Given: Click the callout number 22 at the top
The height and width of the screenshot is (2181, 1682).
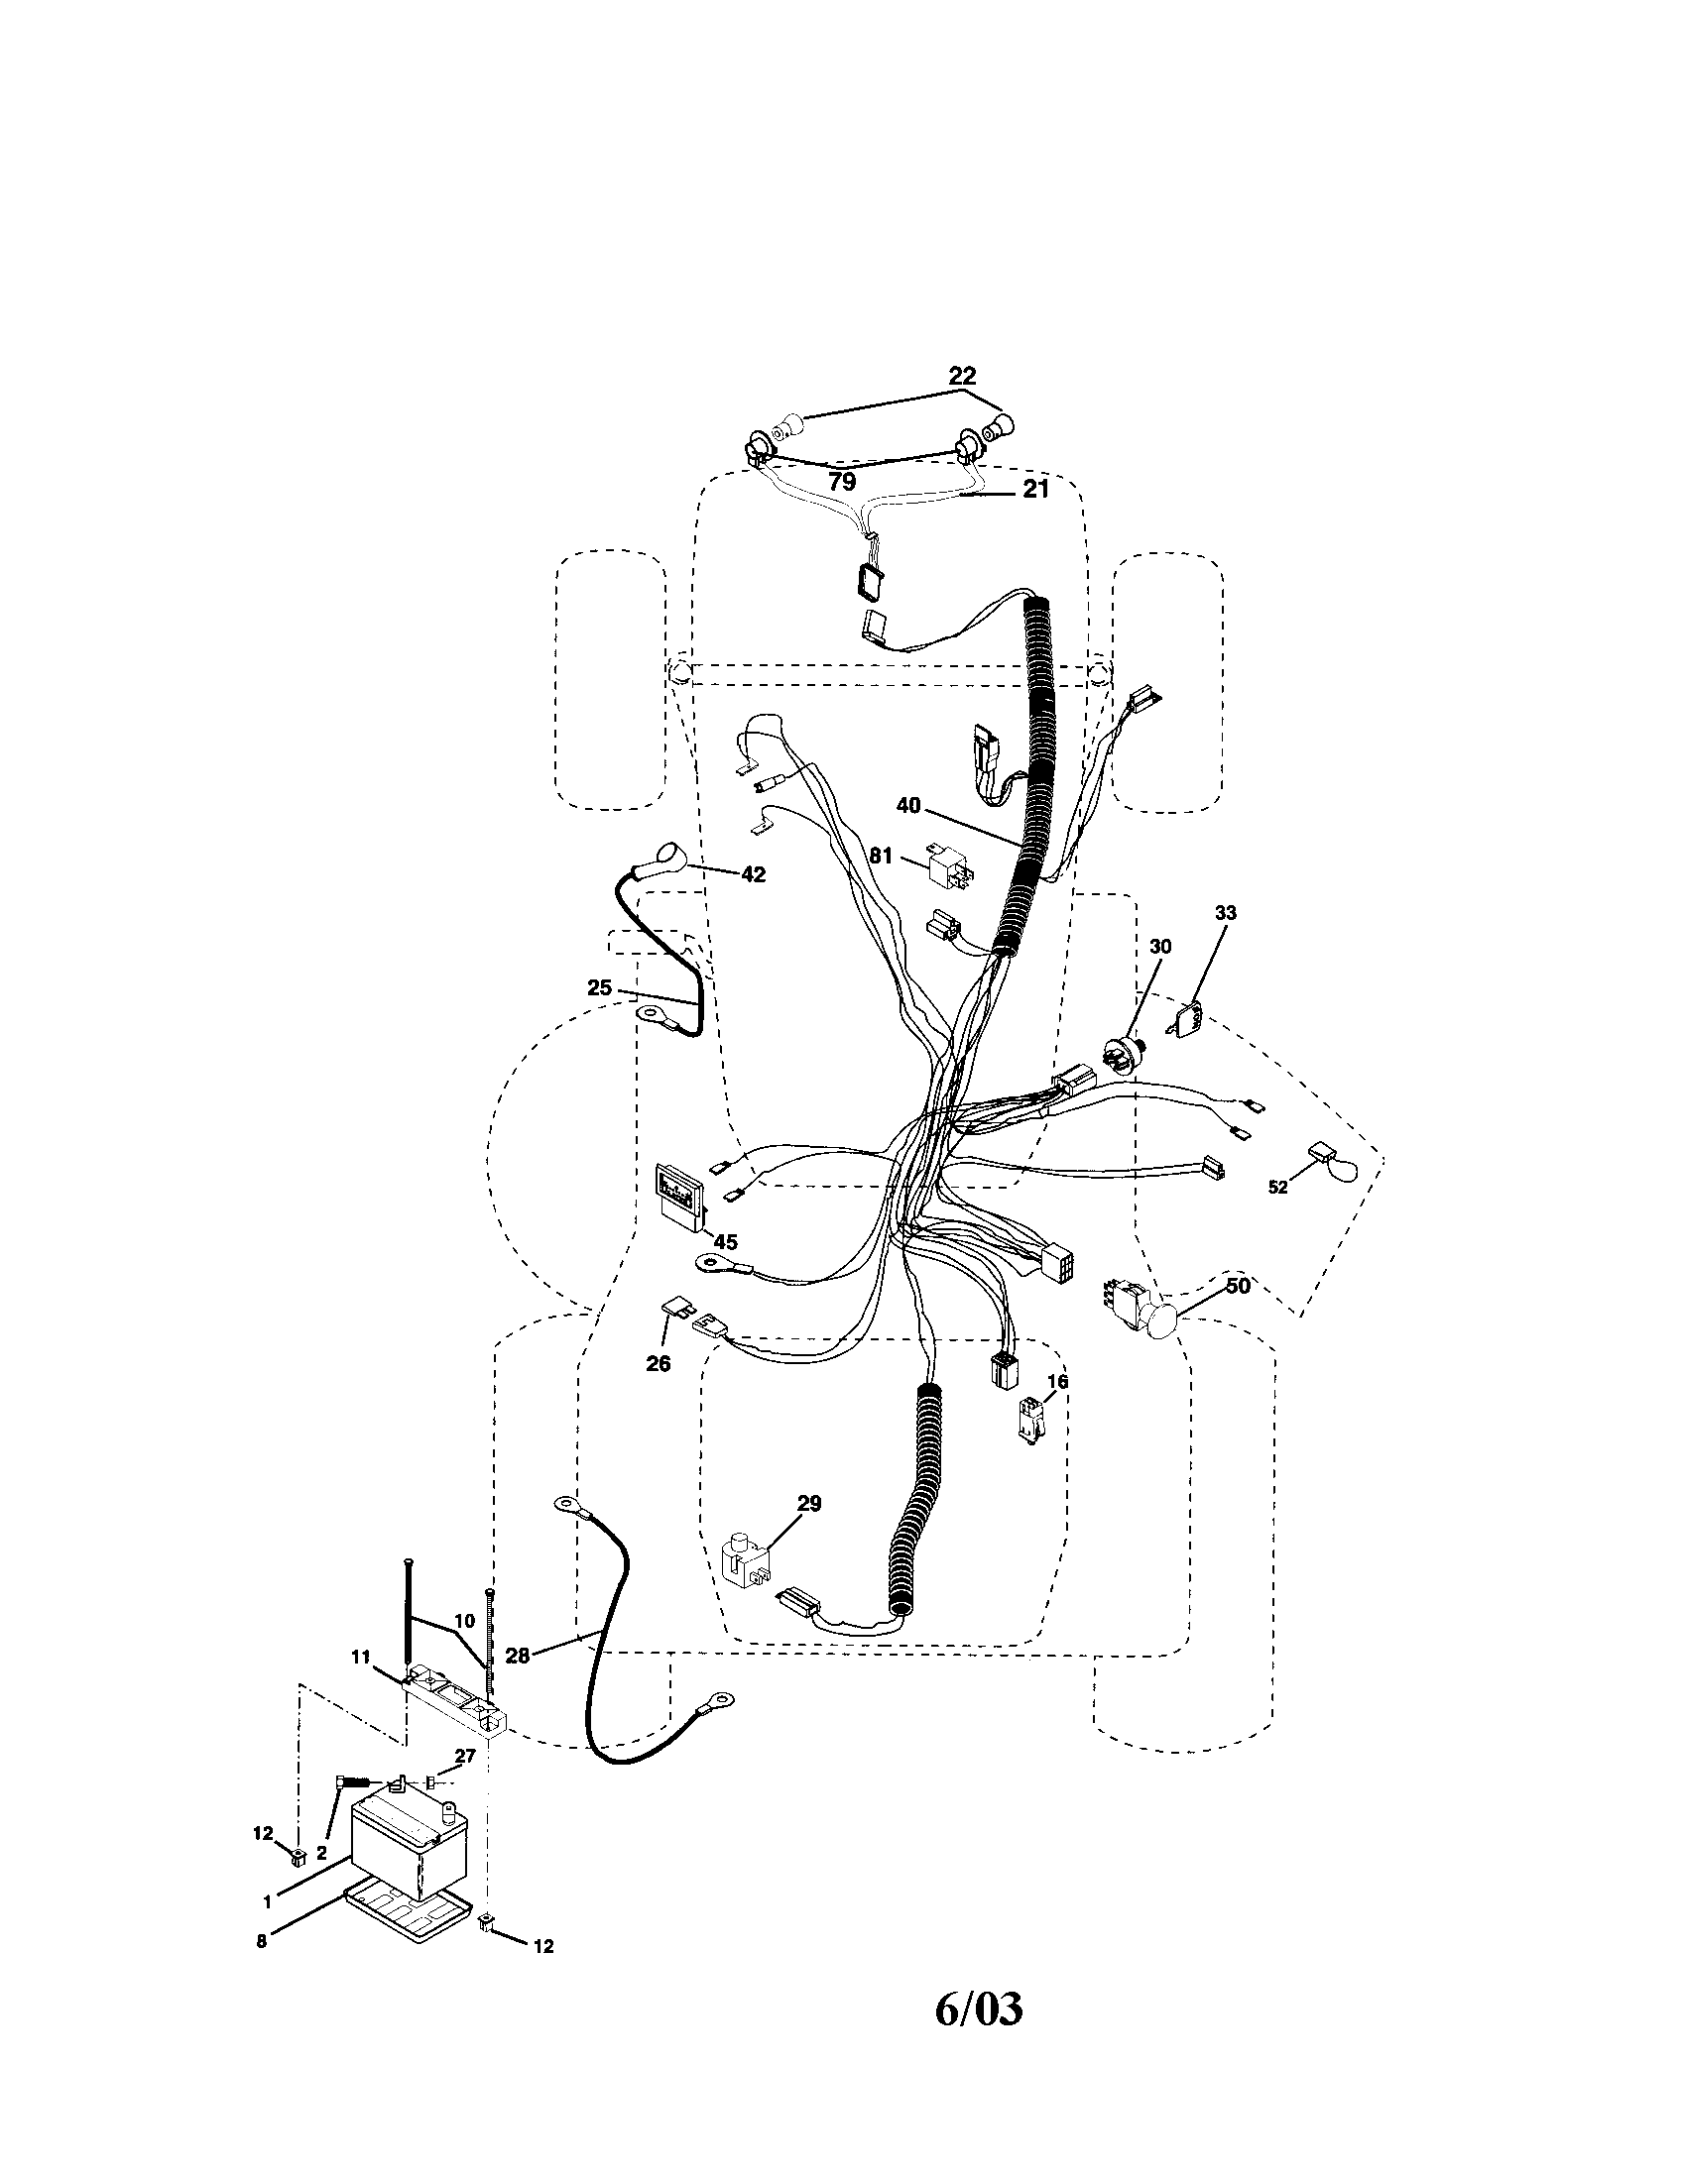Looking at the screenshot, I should pos(961,376).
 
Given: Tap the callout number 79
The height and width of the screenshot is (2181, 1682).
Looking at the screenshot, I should pos(841,482).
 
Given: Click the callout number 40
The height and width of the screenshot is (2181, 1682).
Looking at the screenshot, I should pos(907,805).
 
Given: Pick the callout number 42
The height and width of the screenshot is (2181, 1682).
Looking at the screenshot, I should pos(753,873).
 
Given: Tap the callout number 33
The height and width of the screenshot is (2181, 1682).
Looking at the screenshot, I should pos(1226,913).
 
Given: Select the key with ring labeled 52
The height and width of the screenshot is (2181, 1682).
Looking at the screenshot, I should pos(1335,1163).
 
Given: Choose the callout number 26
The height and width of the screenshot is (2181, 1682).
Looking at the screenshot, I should pos(658,1363).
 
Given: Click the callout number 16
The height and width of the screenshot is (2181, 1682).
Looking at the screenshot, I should pos(1058,1381).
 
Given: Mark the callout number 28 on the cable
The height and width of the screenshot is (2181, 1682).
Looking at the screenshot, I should pos(517,1656).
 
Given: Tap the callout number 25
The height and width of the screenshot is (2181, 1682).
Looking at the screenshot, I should pos(598,987).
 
